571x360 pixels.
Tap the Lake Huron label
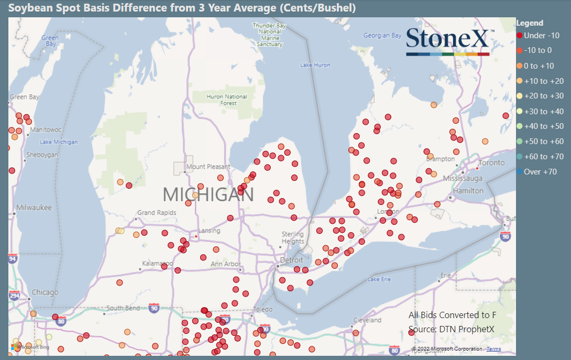(x=315, y=65)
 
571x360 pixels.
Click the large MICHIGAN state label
(x=208, y=194)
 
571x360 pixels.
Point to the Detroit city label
(x=291, y=260)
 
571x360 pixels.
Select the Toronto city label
(x=491, y=163)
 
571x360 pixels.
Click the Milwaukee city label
(x=34, y=208)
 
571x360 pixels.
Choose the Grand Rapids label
(x=157, y=213)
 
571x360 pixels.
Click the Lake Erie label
(x=379, y=279)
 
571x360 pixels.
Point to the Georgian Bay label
(x=382, y=36)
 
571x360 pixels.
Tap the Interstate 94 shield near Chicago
(x=13, y=258)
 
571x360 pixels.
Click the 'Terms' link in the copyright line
(x=493, y=349)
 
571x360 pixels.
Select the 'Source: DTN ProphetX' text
(x=451, y=329)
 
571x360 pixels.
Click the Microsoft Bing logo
(x=30, y=347)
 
